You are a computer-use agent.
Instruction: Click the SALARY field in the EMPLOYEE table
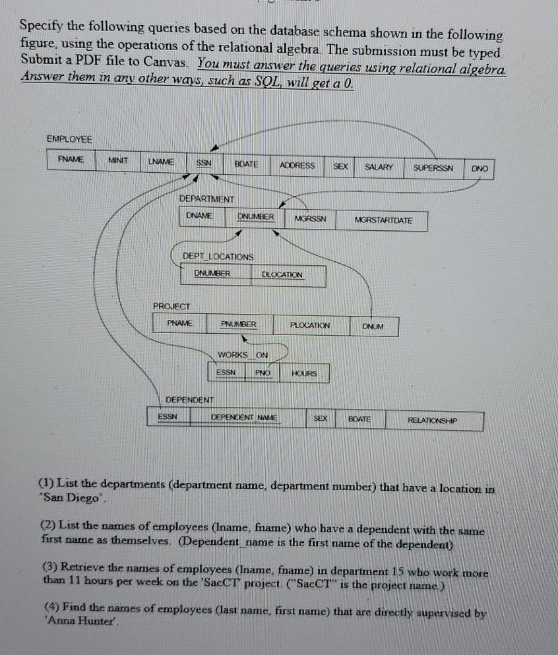(x=379, y=167)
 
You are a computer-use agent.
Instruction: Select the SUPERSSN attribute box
(x=433, y=168)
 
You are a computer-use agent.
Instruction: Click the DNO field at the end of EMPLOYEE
(x=480, y=169)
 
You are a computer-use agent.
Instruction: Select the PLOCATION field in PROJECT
(x=310, y=325)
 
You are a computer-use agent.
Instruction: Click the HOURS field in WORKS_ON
(x=304, y=373)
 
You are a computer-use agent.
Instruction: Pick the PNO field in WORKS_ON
(x=263, y=373)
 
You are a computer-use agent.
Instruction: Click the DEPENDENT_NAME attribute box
(x=244, y=418)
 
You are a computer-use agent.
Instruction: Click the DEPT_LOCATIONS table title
(x=218, y=256)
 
